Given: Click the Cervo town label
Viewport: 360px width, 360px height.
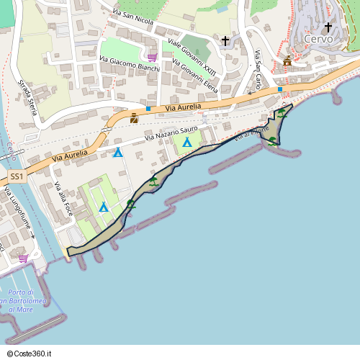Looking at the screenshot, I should point(318,40).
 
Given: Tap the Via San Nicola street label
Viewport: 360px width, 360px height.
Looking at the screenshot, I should point(133,17).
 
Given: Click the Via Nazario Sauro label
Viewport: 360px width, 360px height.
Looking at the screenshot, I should point(171,133).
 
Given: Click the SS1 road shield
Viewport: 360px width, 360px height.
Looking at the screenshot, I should point(17,176).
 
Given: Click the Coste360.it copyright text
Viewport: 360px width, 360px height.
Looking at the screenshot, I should point(29,354).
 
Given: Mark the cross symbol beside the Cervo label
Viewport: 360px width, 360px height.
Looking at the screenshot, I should point(328,27).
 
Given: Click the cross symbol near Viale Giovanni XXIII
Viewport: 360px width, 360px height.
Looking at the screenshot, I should point(225,41).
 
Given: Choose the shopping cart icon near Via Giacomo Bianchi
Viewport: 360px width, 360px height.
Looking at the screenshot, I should point(151,57).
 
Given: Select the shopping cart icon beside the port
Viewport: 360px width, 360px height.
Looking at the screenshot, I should point(23,257).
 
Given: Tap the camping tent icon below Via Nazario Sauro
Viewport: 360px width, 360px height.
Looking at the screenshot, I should point(187,142).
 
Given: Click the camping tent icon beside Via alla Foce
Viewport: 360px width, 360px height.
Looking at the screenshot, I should point(104,207).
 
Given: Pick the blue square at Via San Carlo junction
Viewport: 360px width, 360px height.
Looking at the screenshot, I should point(280,90).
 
